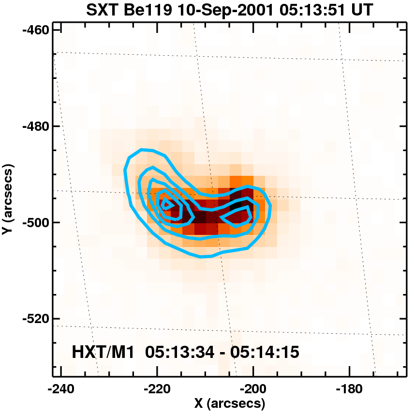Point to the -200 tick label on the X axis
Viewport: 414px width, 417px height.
(252, 388)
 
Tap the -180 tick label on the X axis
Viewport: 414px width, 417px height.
(349, 388)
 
